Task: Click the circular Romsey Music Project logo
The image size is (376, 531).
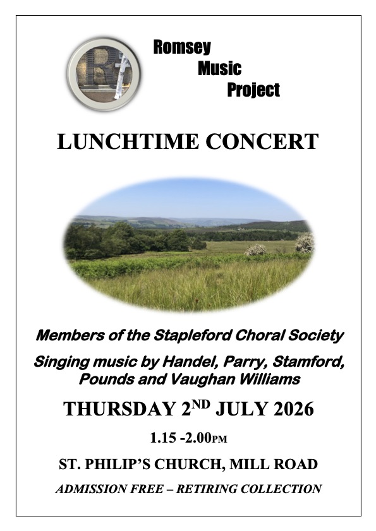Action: point(104,74)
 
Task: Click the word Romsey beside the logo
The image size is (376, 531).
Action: point(182,47)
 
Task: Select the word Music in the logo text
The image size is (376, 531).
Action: point(220,68)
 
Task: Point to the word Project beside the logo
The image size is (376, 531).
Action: point(253,90)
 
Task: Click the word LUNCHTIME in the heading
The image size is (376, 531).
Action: point(128,141)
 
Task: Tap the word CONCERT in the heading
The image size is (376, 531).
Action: point(262,141)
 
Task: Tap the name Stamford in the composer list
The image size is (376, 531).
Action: point(308,362)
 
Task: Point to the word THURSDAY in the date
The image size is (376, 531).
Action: point(119,409)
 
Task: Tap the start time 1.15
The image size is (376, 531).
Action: point(163,438)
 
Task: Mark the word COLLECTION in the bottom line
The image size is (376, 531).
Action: point(281,489)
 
